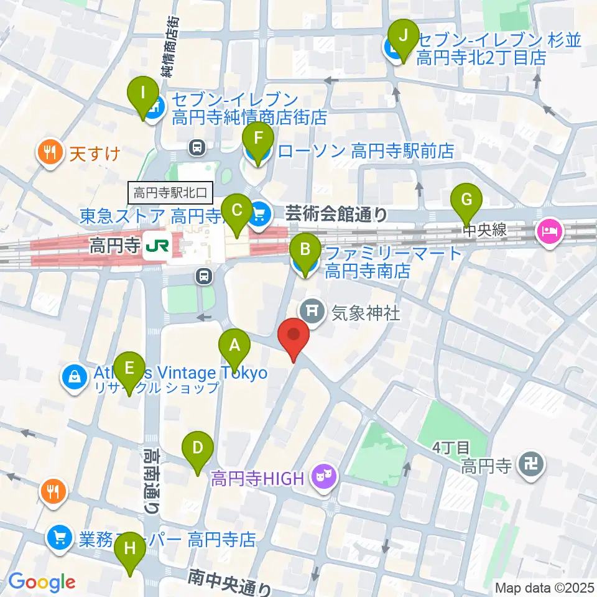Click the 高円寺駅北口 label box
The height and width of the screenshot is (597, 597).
[x=172, y=192]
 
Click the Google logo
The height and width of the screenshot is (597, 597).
[x=42, y=582]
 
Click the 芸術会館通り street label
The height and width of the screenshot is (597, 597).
[x=336, y=215]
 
